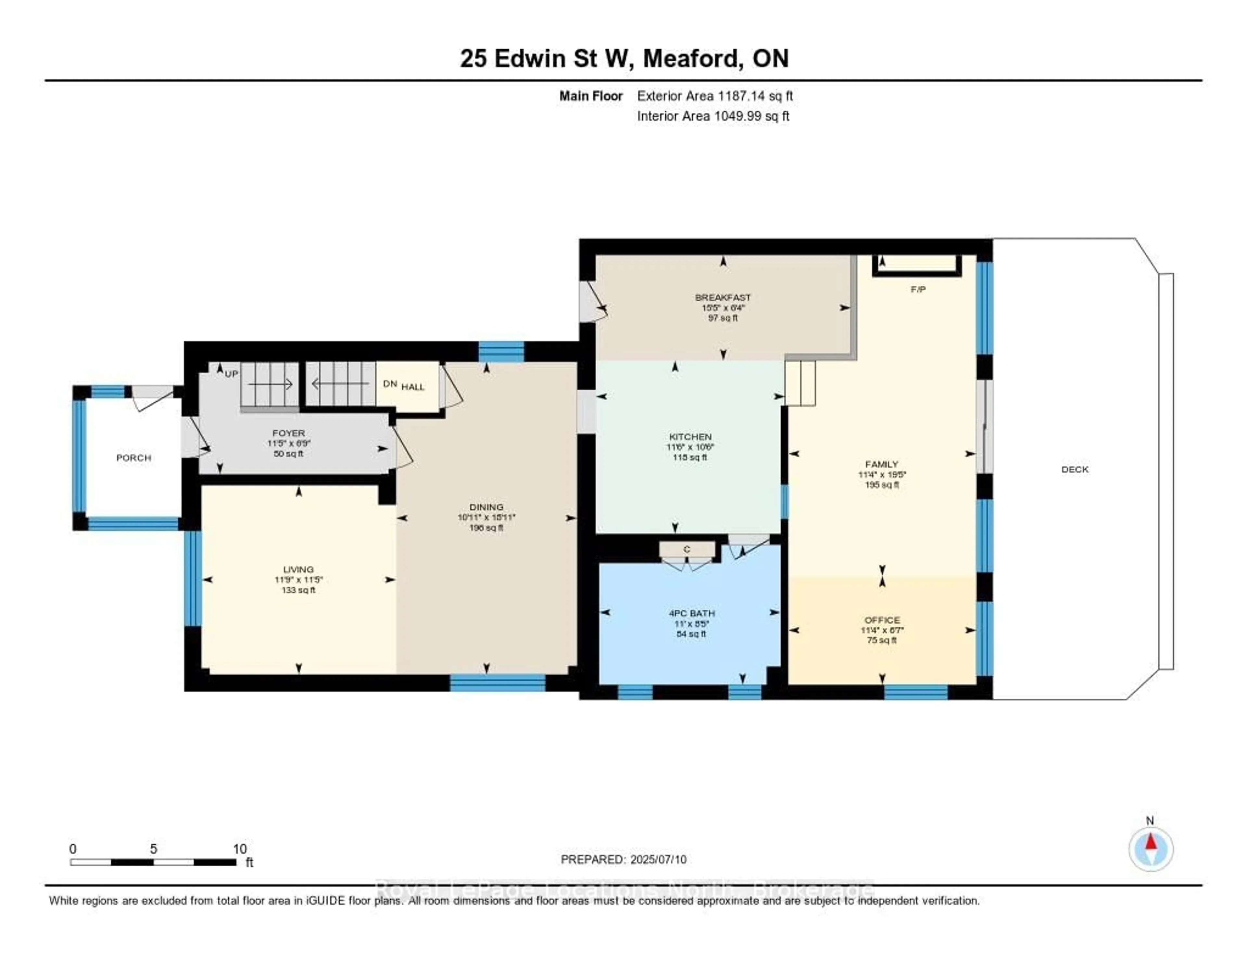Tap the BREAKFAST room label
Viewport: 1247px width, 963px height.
[723, 297]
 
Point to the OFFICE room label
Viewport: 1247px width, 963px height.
[882, 620]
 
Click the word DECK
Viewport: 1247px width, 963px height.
[1075, 469]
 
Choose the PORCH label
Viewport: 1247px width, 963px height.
[133, 458]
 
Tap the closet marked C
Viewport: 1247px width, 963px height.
[687, 549]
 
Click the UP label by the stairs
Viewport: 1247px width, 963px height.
[231, 374]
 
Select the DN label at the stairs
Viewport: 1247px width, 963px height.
[390, 383]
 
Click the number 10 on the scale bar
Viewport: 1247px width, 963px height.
[240, 849]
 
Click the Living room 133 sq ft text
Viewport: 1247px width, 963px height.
[298, 590]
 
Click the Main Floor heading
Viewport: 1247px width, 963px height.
[590, 96]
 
